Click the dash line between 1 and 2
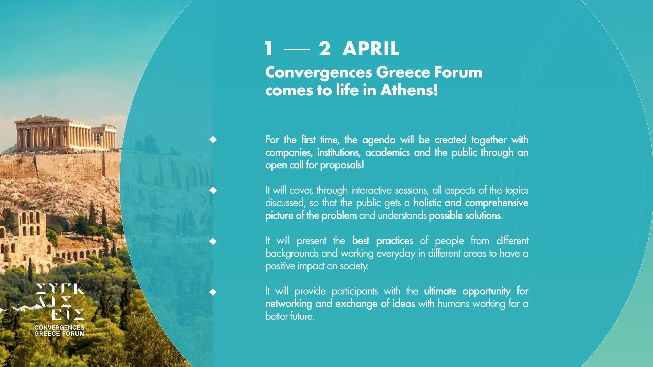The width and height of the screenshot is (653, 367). click(x=297, y=49)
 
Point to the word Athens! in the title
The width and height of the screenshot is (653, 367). click(x=409, y=90)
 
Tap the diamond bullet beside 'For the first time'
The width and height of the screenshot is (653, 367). click(x=213, y=140)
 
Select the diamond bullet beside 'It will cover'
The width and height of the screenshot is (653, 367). click(x=213, y=191)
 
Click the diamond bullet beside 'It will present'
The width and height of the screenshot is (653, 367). click(x=213, y=241)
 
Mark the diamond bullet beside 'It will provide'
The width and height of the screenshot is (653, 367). click(x=213, y=292)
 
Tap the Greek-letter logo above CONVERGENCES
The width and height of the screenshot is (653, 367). click(x=60, y=302)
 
